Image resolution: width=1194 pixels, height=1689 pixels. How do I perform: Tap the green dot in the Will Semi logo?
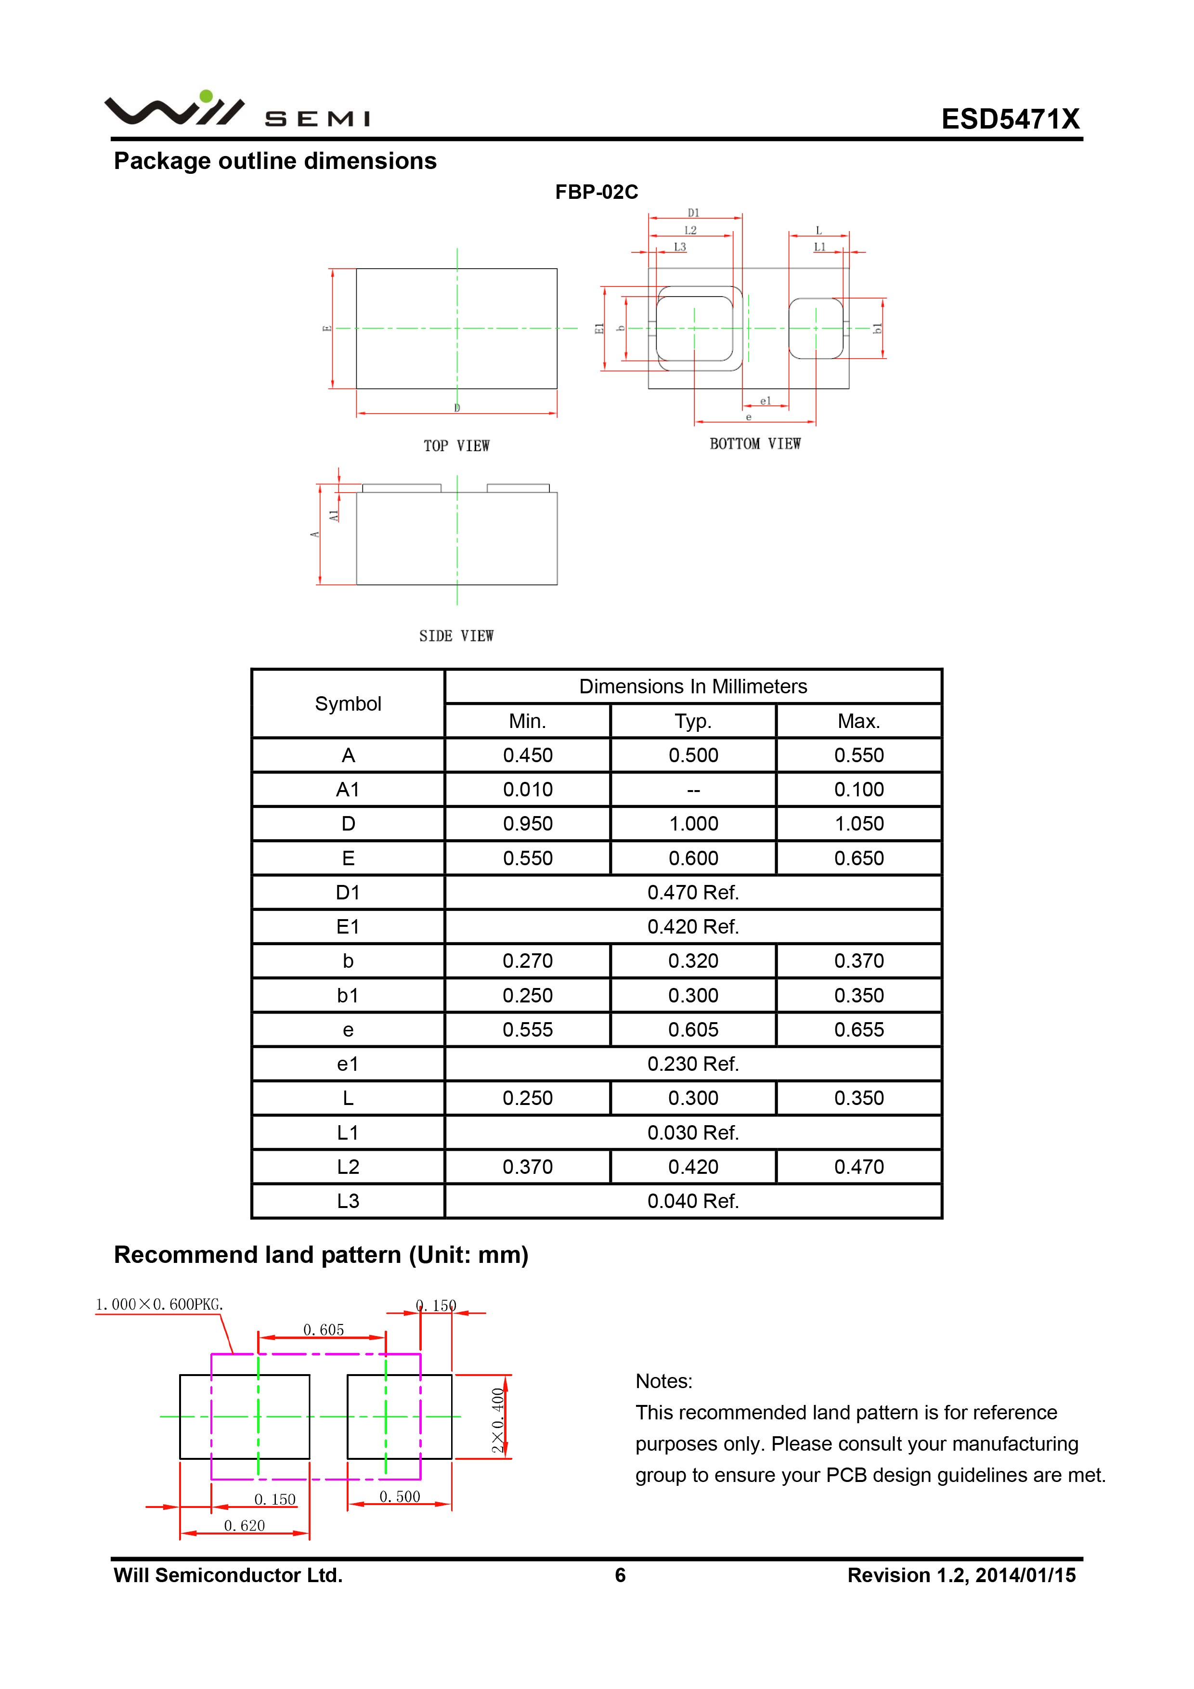206,96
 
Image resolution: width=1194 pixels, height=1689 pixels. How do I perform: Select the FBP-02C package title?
596,192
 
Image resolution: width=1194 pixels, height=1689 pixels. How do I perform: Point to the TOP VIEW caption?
456,446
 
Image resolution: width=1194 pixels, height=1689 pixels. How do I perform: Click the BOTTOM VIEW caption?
755,443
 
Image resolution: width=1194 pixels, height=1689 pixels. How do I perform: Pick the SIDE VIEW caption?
456,636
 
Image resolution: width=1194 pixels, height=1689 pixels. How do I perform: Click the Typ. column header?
693,721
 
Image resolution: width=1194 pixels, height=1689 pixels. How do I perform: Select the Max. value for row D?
858,824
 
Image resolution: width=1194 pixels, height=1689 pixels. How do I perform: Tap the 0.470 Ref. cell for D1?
693,892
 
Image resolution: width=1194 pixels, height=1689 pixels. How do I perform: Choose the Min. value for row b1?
528,995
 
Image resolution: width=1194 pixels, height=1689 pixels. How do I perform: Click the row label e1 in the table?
348,1064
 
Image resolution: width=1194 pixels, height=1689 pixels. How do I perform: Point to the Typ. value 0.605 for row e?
693,1030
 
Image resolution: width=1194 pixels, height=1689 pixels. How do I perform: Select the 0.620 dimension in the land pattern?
244,1525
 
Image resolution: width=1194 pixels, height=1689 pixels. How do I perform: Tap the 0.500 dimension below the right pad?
400,1496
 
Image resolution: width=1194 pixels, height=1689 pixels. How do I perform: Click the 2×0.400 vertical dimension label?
498,1420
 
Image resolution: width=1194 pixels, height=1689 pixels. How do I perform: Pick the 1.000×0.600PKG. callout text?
159,1304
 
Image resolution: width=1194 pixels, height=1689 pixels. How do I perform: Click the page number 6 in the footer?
620,1575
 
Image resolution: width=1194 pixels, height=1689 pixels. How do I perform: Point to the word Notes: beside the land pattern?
663,1381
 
